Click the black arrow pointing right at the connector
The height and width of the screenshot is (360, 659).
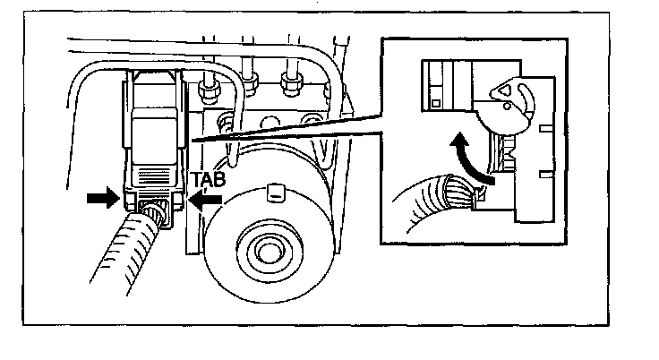click(103, 197)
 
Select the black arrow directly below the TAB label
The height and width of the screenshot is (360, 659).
click(206, 199)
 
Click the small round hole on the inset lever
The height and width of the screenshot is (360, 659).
click(507, 106)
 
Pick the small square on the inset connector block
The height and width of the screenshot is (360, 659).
click(436, 103)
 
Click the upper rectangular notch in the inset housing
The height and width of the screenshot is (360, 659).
click(546, 127)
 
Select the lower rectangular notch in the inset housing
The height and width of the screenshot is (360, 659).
click(546, 174)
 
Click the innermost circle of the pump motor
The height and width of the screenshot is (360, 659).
click(268, 253)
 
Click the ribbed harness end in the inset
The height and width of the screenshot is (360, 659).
click(458, 192)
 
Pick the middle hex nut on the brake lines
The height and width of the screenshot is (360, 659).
click(250, 83)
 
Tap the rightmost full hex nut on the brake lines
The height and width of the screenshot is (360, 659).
click(292, 83)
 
